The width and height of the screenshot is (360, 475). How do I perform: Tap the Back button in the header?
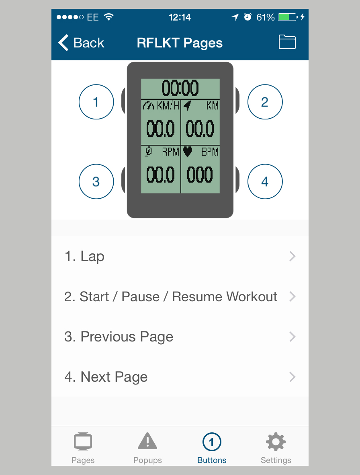click(81, 43)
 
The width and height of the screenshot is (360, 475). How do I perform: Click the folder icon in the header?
click(287, 42)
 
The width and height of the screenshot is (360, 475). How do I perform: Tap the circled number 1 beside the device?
click(96, 102)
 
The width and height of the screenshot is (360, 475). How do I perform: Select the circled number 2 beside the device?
click(265, 102)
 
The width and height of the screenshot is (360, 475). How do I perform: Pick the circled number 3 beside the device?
click(96, 181)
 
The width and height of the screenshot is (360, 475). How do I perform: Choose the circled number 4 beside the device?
click(265, 181)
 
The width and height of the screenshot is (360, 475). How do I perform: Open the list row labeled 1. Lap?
click(180, 256)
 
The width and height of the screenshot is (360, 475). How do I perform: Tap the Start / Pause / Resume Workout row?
click(180, 296)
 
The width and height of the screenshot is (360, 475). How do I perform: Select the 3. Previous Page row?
click(180, 337)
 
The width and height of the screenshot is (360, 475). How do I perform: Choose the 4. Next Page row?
click(180, 377)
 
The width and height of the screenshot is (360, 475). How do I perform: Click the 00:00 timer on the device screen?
click(180, 88)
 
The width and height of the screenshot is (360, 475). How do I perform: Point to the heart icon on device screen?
click(188, 152)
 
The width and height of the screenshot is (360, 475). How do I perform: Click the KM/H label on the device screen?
click(168, 105)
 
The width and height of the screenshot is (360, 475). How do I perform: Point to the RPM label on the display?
click(171, 152)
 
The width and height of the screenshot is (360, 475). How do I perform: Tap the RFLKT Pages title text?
click(180, 43)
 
